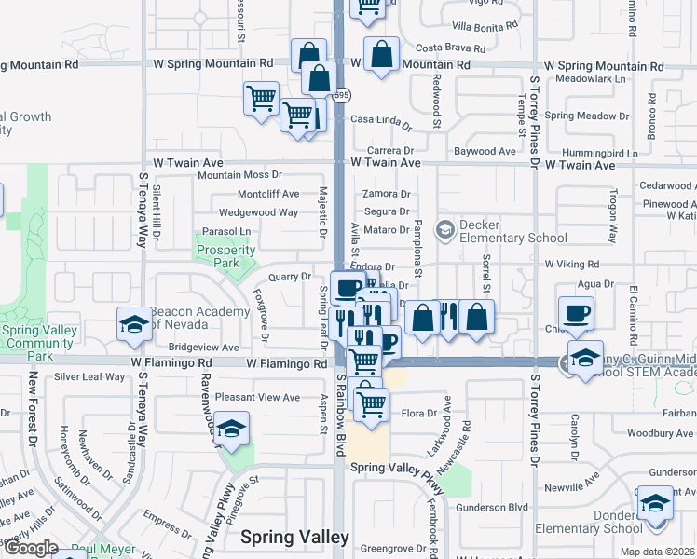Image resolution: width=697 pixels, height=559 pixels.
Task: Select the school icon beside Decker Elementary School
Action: [445, 228]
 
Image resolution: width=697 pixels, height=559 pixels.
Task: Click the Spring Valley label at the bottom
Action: [294, 537]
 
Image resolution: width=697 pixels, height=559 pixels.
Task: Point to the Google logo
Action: [30, 549]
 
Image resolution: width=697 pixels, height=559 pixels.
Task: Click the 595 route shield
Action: [343, 95]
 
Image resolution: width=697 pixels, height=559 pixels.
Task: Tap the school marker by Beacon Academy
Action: [134, 325]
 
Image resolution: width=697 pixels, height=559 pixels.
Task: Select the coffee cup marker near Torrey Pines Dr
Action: [575, 314]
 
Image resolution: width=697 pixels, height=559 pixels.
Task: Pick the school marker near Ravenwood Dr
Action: [232, 429]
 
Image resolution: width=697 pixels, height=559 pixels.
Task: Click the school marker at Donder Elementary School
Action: [655, 504]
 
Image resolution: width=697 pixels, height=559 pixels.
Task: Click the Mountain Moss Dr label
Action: [239, 175]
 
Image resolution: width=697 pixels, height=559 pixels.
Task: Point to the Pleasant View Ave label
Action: [258, 397]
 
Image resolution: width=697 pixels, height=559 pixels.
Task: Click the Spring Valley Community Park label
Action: [39, 343]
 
